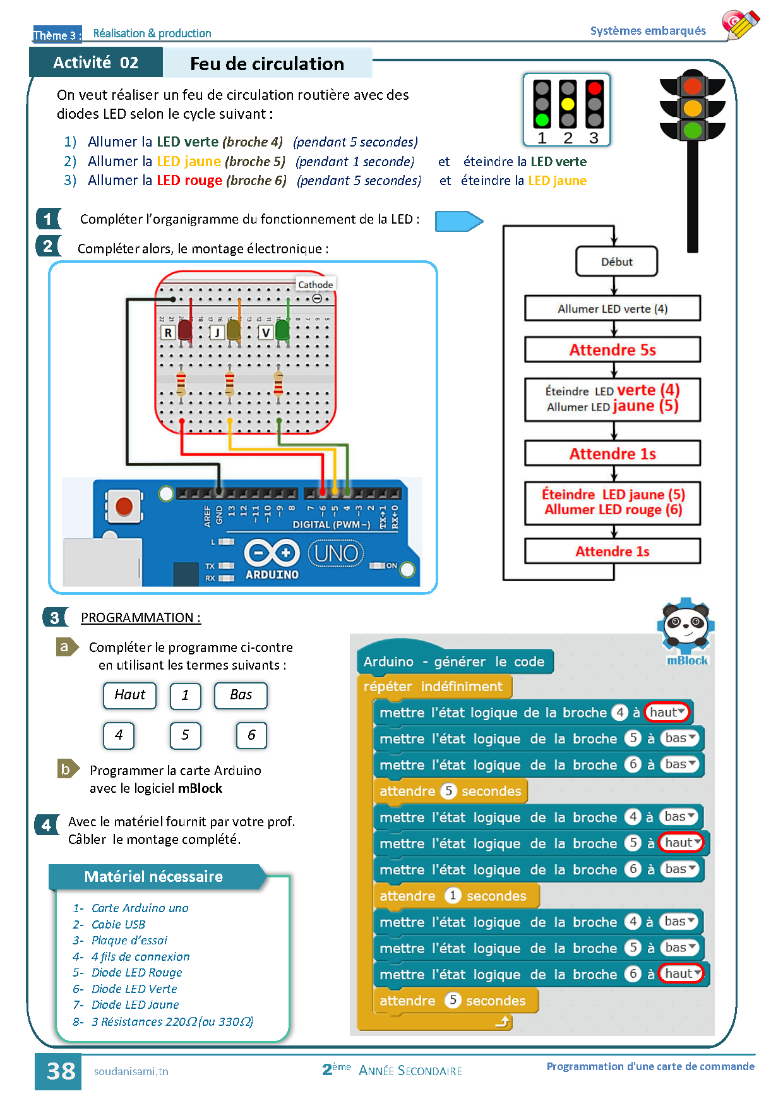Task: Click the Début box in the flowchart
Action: click(616, 262)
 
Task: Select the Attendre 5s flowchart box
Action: click(612, 349)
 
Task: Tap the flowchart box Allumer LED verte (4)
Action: click(612, 309)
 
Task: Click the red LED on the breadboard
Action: click(184, 330)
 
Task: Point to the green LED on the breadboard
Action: click(282, 330)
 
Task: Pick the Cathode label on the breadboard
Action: click(315, 285)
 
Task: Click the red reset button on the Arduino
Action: click(124, 507)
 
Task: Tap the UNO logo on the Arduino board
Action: click(336, 554)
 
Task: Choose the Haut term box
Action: click(129, 695)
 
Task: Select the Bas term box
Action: click(241, 695)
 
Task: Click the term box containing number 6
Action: click(251, 735)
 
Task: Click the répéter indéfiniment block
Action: click(433, 687)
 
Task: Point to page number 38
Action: click(60, 1071)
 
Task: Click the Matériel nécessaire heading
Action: click(153, 877)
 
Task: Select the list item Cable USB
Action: click(118, 924)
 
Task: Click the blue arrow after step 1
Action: click(458, 221)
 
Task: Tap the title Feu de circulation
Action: click(266, 64)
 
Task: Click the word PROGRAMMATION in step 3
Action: click(137, 618)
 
